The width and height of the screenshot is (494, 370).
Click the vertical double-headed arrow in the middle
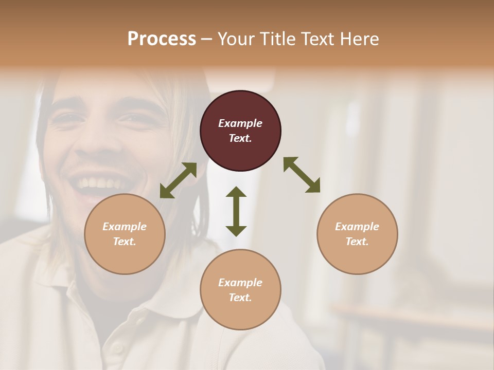click(x=236, y=211)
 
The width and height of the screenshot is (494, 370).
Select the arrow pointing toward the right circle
click(x=302, y=175)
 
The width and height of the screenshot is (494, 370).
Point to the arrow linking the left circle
click(x=178, y=180)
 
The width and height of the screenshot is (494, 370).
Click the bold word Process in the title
click(x=162, y=39)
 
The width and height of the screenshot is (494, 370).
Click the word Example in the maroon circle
click(x=240, y=123)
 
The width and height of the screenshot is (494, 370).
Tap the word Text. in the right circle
click(x=357, y=242)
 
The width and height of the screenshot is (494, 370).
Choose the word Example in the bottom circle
click(x=240, y=283)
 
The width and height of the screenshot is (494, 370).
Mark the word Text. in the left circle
click(x=125, y=242)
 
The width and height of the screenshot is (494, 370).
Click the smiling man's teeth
click(x=100, y=183)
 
